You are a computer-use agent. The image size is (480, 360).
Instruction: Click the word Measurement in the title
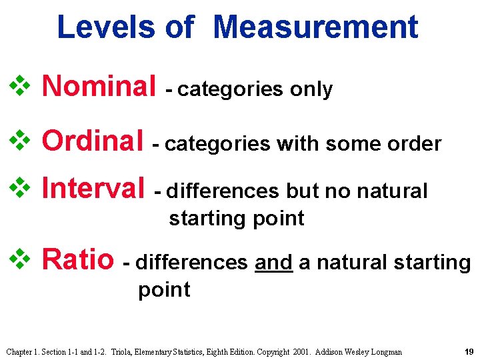[317, 27]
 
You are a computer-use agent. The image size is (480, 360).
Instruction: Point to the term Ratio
[78, 259]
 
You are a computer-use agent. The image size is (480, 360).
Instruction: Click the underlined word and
[273, 263]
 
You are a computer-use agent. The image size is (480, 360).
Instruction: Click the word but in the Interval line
[304, 191]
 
